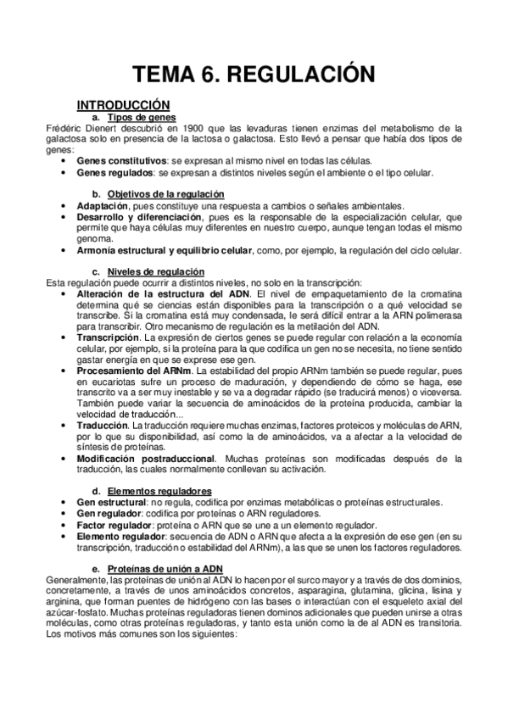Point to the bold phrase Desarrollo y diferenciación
133,217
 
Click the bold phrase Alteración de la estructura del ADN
149,293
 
